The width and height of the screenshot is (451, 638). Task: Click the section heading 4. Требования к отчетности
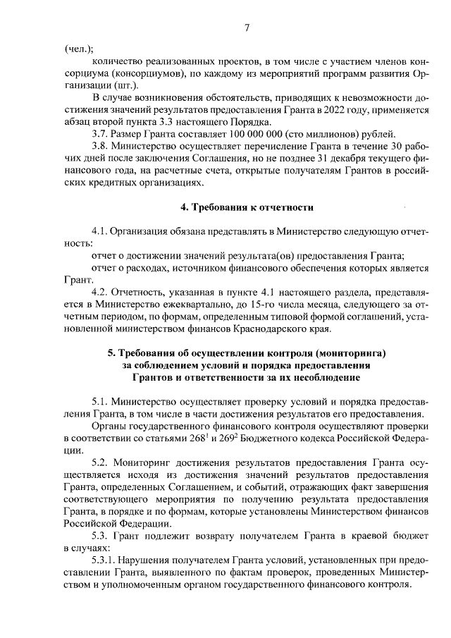[247, 208]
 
